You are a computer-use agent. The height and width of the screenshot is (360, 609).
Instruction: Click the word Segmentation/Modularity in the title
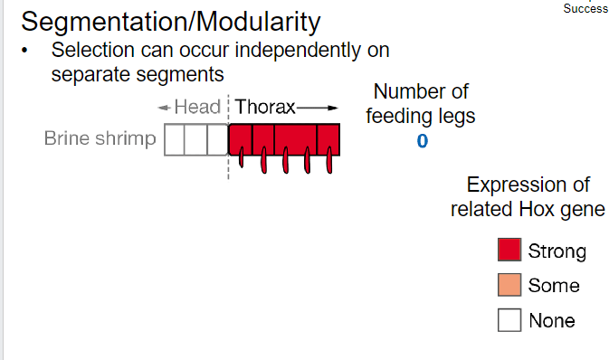170,20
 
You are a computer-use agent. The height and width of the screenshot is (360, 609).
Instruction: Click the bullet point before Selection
27,51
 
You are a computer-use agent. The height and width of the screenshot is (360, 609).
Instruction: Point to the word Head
197,107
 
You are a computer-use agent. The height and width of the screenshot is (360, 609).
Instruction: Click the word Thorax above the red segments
266,107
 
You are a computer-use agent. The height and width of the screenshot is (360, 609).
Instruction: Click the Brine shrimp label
100,139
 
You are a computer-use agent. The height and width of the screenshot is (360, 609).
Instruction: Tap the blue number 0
423,141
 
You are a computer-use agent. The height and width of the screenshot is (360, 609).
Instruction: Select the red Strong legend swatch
509,251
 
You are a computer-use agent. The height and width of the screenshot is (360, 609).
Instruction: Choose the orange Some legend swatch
509,285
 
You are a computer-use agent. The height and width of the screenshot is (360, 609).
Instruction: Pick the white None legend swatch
509,319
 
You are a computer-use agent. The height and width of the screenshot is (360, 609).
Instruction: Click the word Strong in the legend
557,251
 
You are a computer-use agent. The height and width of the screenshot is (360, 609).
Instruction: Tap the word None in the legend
551,320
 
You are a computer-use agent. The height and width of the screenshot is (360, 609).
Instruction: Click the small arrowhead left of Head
162,108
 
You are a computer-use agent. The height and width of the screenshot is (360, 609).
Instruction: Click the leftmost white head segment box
175,140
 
